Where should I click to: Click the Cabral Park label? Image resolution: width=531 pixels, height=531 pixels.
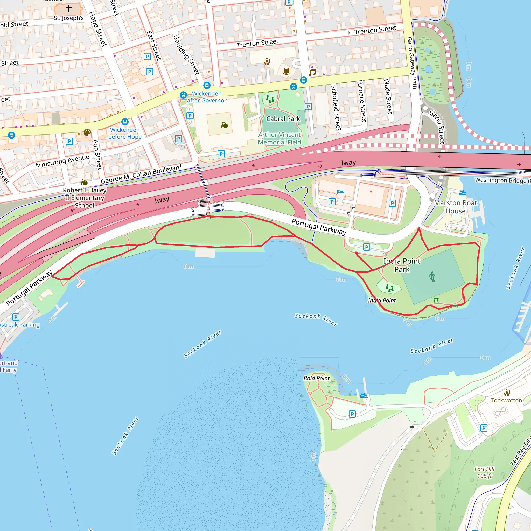pyautogui.click(x=283, y=119)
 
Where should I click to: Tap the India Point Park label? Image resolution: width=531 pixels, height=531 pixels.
pyautogui.click(x=402, y=265)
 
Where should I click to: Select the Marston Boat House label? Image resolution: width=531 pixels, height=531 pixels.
pyautogui.click(x=455, y=207)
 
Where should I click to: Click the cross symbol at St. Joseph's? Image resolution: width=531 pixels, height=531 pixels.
pyautogui.click(x=69, y=9)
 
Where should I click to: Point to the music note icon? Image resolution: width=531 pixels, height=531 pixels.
pyautogui.click(x=312, y=73)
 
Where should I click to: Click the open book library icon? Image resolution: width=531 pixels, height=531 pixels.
pyautogui.click(x=287, y=72)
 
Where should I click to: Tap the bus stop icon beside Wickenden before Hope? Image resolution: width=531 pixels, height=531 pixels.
pyautogui.click(x=125, y=122)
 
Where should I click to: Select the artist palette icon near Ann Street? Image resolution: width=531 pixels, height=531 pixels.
pyautogui.click(x=87, y=133)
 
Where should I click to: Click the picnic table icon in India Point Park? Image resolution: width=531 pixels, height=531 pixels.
pyautogui.click(x=436, y=301)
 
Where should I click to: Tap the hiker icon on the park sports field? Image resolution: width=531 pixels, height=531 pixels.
pyautogui.click(x=432, y=276)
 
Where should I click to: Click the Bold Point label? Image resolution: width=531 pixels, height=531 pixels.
pyautogui.click(x=316, y=378)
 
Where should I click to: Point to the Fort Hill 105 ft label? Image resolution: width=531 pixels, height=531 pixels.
pyautogui.click(x=485, y=472)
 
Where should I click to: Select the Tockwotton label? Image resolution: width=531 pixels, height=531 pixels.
pyautogui.click(x=506, y=400)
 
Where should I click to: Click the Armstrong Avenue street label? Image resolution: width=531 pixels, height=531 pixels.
pyautogui.click(x=62, y=161)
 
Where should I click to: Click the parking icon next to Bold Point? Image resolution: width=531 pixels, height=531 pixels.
pyautogui.click(x=352, y=414)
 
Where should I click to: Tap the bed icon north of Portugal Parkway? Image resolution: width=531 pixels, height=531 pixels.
pyautogui.click(x=340, y=191)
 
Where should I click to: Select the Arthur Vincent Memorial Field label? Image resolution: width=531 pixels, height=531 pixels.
pyautogui.click(x=280, y=138)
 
